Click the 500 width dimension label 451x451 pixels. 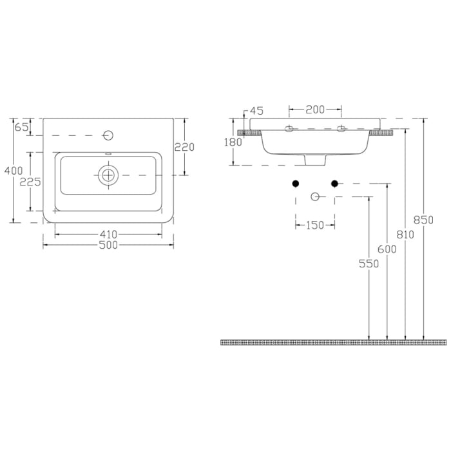coord(108,245)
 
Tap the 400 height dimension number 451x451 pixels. coord(11,171)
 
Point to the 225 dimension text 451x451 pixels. coord(30,182)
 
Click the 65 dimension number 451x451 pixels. coord(21,127)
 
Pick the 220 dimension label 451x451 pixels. coord(184,147)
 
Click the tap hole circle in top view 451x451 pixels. coord(108,135)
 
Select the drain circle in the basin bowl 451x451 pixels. coord(108,175)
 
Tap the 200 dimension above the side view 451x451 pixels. coord(314,110)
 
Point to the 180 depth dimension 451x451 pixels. coord(233,142)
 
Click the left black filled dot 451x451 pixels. coord(296,184)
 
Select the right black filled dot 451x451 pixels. coord(334,184)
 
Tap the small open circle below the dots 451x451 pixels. coord(315,196)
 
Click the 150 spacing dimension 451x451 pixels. coord(314,225)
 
